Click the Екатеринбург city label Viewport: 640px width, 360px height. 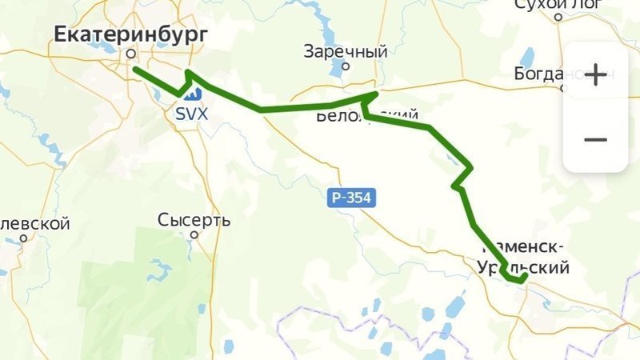(131, 34)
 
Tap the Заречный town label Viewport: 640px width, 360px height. (346, 52)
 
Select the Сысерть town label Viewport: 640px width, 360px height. (194, 220)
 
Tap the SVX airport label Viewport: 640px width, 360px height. (192, 114)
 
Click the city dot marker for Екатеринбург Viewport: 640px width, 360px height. (130, 54)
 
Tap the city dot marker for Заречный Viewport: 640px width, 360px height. (346, 67)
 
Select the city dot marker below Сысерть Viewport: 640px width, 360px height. (194, 234)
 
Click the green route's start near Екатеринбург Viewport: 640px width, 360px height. (134, 70)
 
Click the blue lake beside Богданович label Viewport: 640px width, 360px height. (527, 57)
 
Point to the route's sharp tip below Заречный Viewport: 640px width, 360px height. (375, 94)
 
